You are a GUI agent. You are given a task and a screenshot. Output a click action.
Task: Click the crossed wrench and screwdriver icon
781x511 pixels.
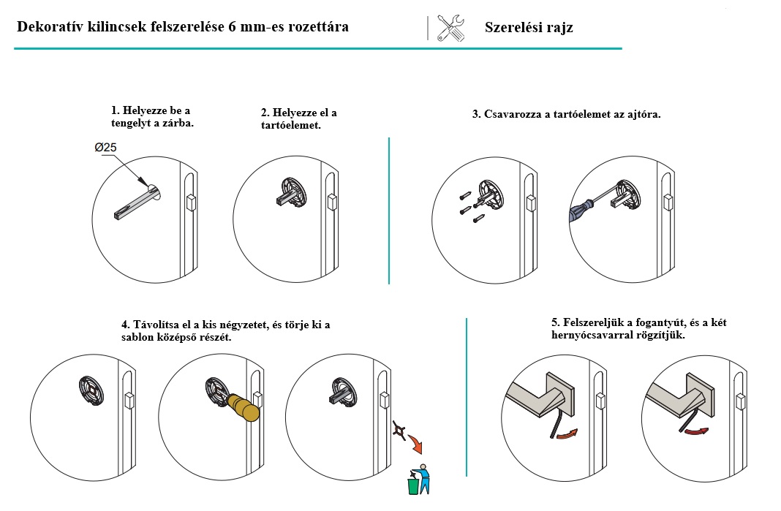(450, 28)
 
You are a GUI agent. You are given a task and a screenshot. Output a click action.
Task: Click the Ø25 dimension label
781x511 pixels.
(105, 148)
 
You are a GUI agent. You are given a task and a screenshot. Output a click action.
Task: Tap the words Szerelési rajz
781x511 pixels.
(529, 27)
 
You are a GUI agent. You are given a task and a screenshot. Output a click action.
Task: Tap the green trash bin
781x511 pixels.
(413, 485)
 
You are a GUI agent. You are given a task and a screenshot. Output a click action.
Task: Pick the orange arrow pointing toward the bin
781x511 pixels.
(415, 443)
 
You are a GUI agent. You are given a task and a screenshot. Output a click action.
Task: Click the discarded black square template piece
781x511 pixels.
(399, 431)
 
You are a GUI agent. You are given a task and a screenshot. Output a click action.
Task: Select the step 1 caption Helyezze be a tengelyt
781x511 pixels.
(152, 116)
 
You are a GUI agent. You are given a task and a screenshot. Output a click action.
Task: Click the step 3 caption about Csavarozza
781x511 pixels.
(566, 114)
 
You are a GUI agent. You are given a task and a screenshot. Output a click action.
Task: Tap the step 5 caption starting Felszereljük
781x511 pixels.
(638, 328)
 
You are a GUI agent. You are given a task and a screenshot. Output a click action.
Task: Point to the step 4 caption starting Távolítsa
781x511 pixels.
(226, 330)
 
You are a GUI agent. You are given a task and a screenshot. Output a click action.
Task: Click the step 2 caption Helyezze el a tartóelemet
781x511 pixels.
(298, 118)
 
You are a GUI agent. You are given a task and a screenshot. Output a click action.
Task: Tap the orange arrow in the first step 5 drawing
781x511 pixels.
(567, 434)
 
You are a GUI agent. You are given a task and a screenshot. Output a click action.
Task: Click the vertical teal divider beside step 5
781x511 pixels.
(467, 398)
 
